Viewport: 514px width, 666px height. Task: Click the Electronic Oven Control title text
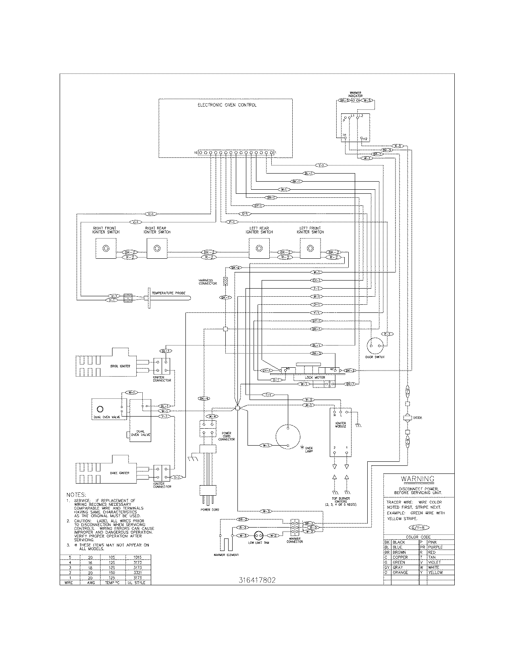pos(227,105)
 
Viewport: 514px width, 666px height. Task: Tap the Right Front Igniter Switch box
pos(106,248)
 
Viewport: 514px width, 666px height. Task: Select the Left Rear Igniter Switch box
pos(259,248)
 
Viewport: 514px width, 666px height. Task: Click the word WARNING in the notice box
pos(418,479)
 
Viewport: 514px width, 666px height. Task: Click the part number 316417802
pos(257,580)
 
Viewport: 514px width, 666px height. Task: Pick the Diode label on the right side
pos(418,418)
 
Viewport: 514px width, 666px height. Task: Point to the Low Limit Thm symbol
pos(258,535)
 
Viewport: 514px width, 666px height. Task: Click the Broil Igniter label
pos(123,366)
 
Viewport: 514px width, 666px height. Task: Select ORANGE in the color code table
pos(400,572)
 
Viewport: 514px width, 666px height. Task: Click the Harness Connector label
pos(208,282)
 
